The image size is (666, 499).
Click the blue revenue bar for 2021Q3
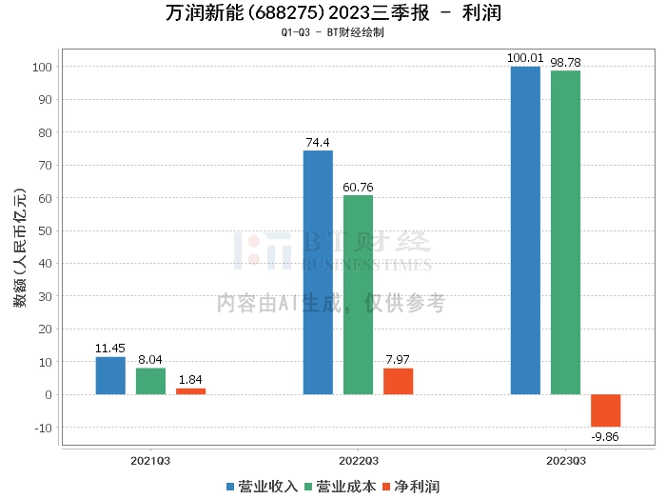pyautogui.click(x=110, y=375)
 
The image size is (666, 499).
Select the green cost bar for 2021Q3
pyautogui.click(x=150, y=381)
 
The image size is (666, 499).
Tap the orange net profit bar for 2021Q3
pyautogui.click(x=190, y=391)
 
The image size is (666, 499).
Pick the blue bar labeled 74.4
pyautogui.click(x=318, y=272)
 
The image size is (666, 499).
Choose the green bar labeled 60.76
pyautogui.click(x=358, y=294)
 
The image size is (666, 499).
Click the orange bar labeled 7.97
pyautogui.click(x=398, y=381)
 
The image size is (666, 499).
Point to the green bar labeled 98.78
pyautogui.click(x=565, y=232)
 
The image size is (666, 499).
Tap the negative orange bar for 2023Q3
pyautogui.click(x=605, y=410)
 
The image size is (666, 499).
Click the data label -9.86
pyautogui.click(x=605, y=437)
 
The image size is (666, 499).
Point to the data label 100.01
pyautogui.click(x=525, y=58)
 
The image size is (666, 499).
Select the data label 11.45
pyautogui.click(x=110, y=349)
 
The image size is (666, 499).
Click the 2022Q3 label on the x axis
pyautogui.click(x=358, y=460)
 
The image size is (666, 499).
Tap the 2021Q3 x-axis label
pyautogui.click(x=150, y=460)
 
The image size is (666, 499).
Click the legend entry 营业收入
pyautogui.click(x=262, y=487)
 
